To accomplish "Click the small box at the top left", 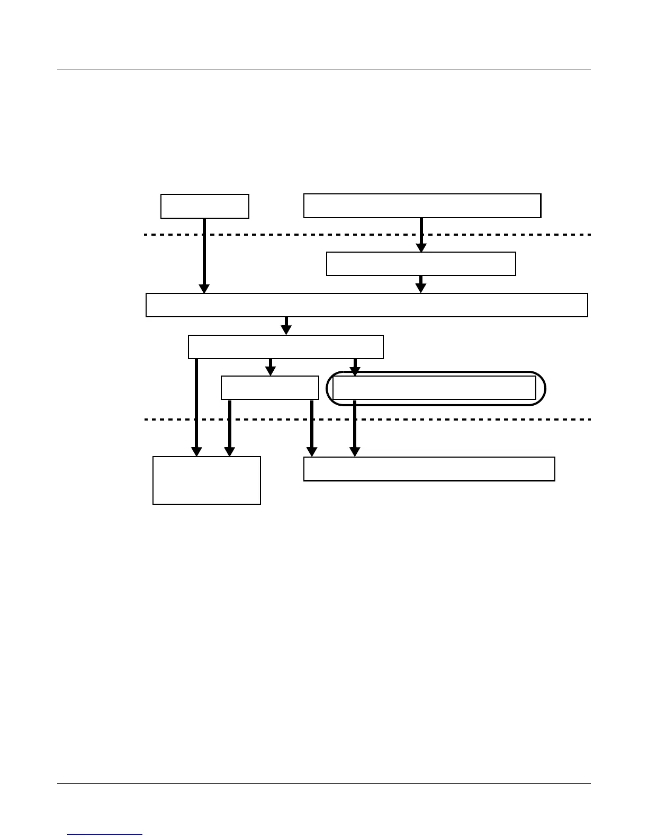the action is pos(204,206).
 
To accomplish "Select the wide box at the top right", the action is pos(422,206).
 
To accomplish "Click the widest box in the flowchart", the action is pos(366,305).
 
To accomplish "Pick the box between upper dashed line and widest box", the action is pos(421,264).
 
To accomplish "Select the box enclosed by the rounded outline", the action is pos(434,388).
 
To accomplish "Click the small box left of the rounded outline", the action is pos(269,388).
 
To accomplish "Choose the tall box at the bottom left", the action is pos(206,480).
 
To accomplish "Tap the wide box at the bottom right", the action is pos(429,469).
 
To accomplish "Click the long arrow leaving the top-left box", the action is pos(204,254).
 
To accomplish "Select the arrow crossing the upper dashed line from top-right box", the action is pos(421,234).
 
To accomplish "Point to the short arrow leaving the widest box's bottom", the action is pos(286,325).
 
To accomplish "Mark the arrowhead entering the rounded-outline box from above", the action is pos(355,372).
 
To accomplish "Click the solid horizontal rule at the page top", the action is pos(323,69).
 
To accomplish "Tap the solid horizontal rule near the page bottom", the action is pos(323,784).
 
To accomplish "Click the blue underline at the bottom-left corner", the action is pos(105,835).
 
